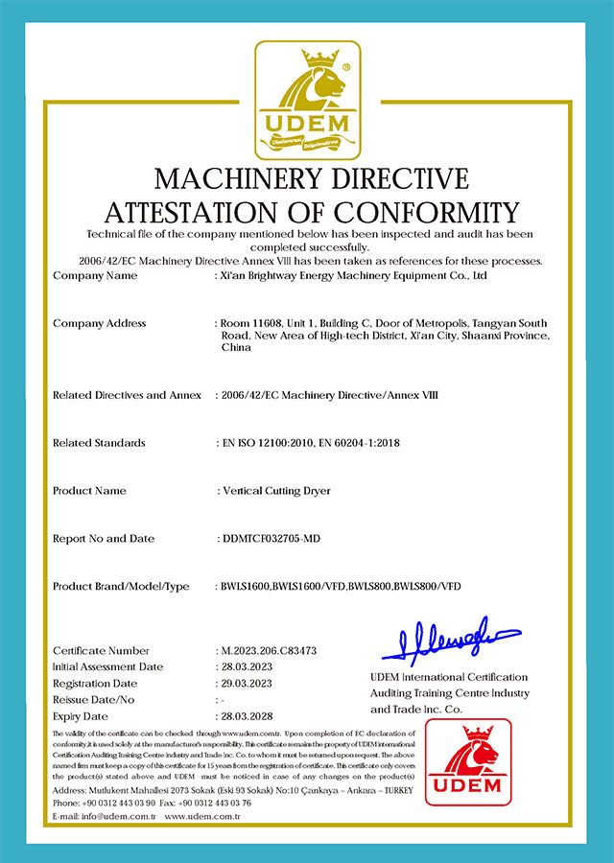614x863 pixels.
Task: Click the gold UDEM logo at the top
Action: click(306, 100)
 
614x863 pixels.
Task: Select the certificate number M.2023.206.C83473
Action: click(269, 651)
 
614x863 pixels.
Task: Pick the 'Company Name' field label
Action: click(95, 276)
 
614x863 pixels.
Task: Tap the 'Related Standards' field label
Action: click(99, 443)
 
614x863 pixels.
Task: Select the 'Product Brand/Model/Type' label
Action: click(121, 586)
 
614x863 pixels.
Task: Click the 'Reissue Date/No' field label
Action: click(94, 700)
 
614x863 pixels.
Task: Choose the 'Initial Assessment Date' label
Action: click(108, 667)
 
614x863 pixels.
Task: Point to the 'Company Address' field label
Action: click(99, 323)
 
